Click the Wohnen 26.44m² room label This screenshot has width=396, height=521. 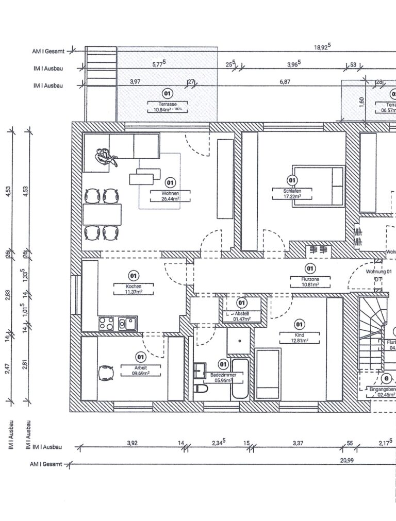click(170, 196)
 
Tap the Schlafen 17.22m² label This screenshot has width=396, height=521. click(292, 193)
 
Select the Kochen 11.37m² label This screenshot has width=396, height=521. click(134, 289)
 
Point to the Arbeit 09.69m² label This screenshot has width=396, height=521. click(140, 370)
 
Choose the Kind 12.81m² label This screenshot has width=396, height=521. click(299, 338)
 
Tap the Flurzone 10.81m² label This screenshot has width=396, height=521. click(310, 281)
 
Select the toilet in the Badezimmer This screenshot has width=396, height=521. click(201, 390)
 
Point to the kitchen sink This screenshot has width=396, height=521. click(127, 324)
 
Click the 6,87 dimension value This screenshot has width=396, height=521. click(285, 82)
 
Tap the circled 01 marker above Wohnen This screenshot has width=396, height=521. click(170, 182)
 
